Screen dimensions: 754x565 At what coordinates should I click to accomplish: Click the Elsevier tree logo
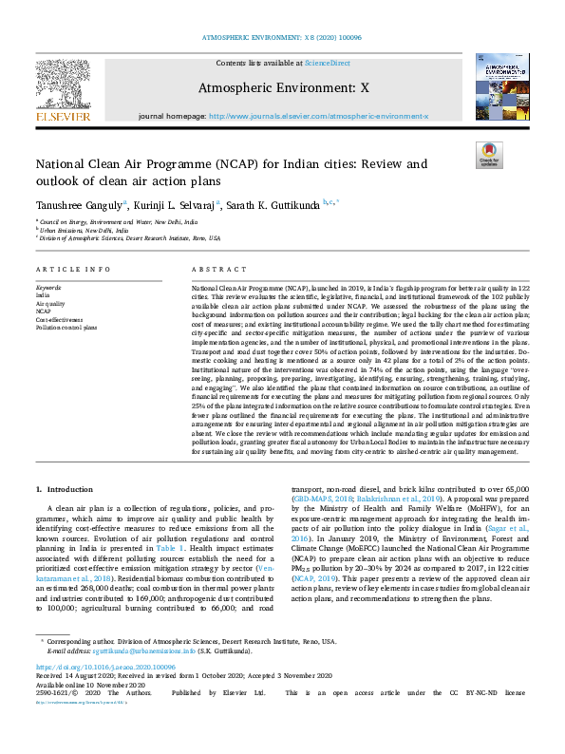65,89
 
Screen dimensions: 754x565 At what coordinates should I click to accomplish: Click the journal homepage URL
318,116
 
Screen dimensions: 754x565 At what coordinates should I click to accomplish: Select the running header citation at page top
282,37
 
